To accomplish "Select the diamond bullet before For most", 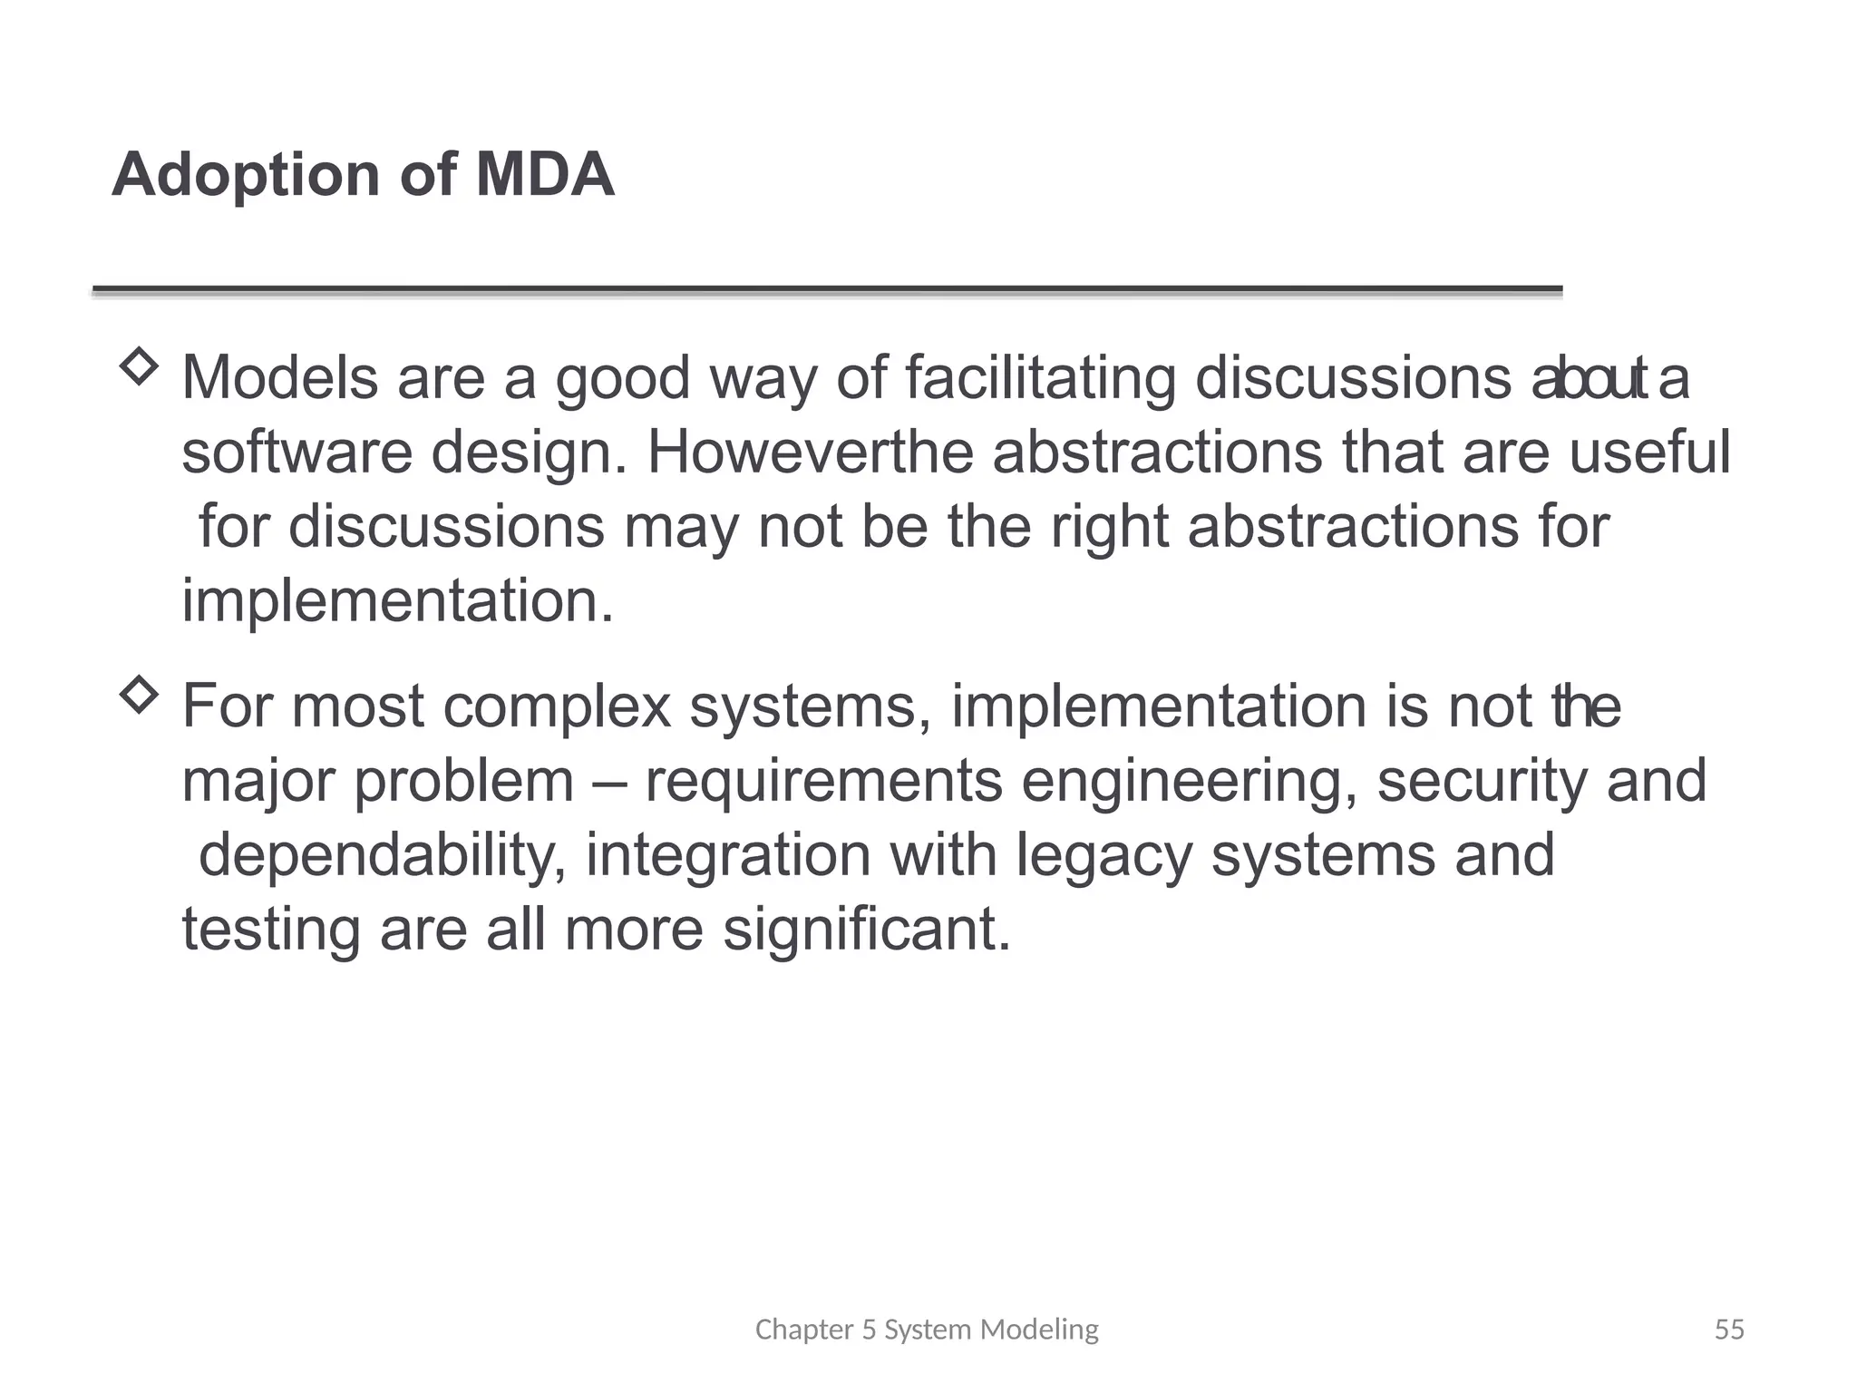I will point(139,696).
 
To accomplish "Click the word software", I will point(297,452).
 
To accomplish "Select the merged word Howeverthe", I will point(810,452).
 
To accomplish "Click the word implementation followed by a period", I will point(397,600).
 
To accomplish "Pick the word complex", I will point(557,707).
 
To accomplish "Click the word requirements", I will point(823,782).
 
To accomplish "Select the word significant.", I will point(866,930).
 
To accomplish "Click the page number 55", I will point(1728,1330).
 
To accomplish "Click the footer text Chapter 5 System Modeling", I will point(926,1330).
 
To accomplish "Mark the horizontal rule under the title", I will point(827,290).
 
